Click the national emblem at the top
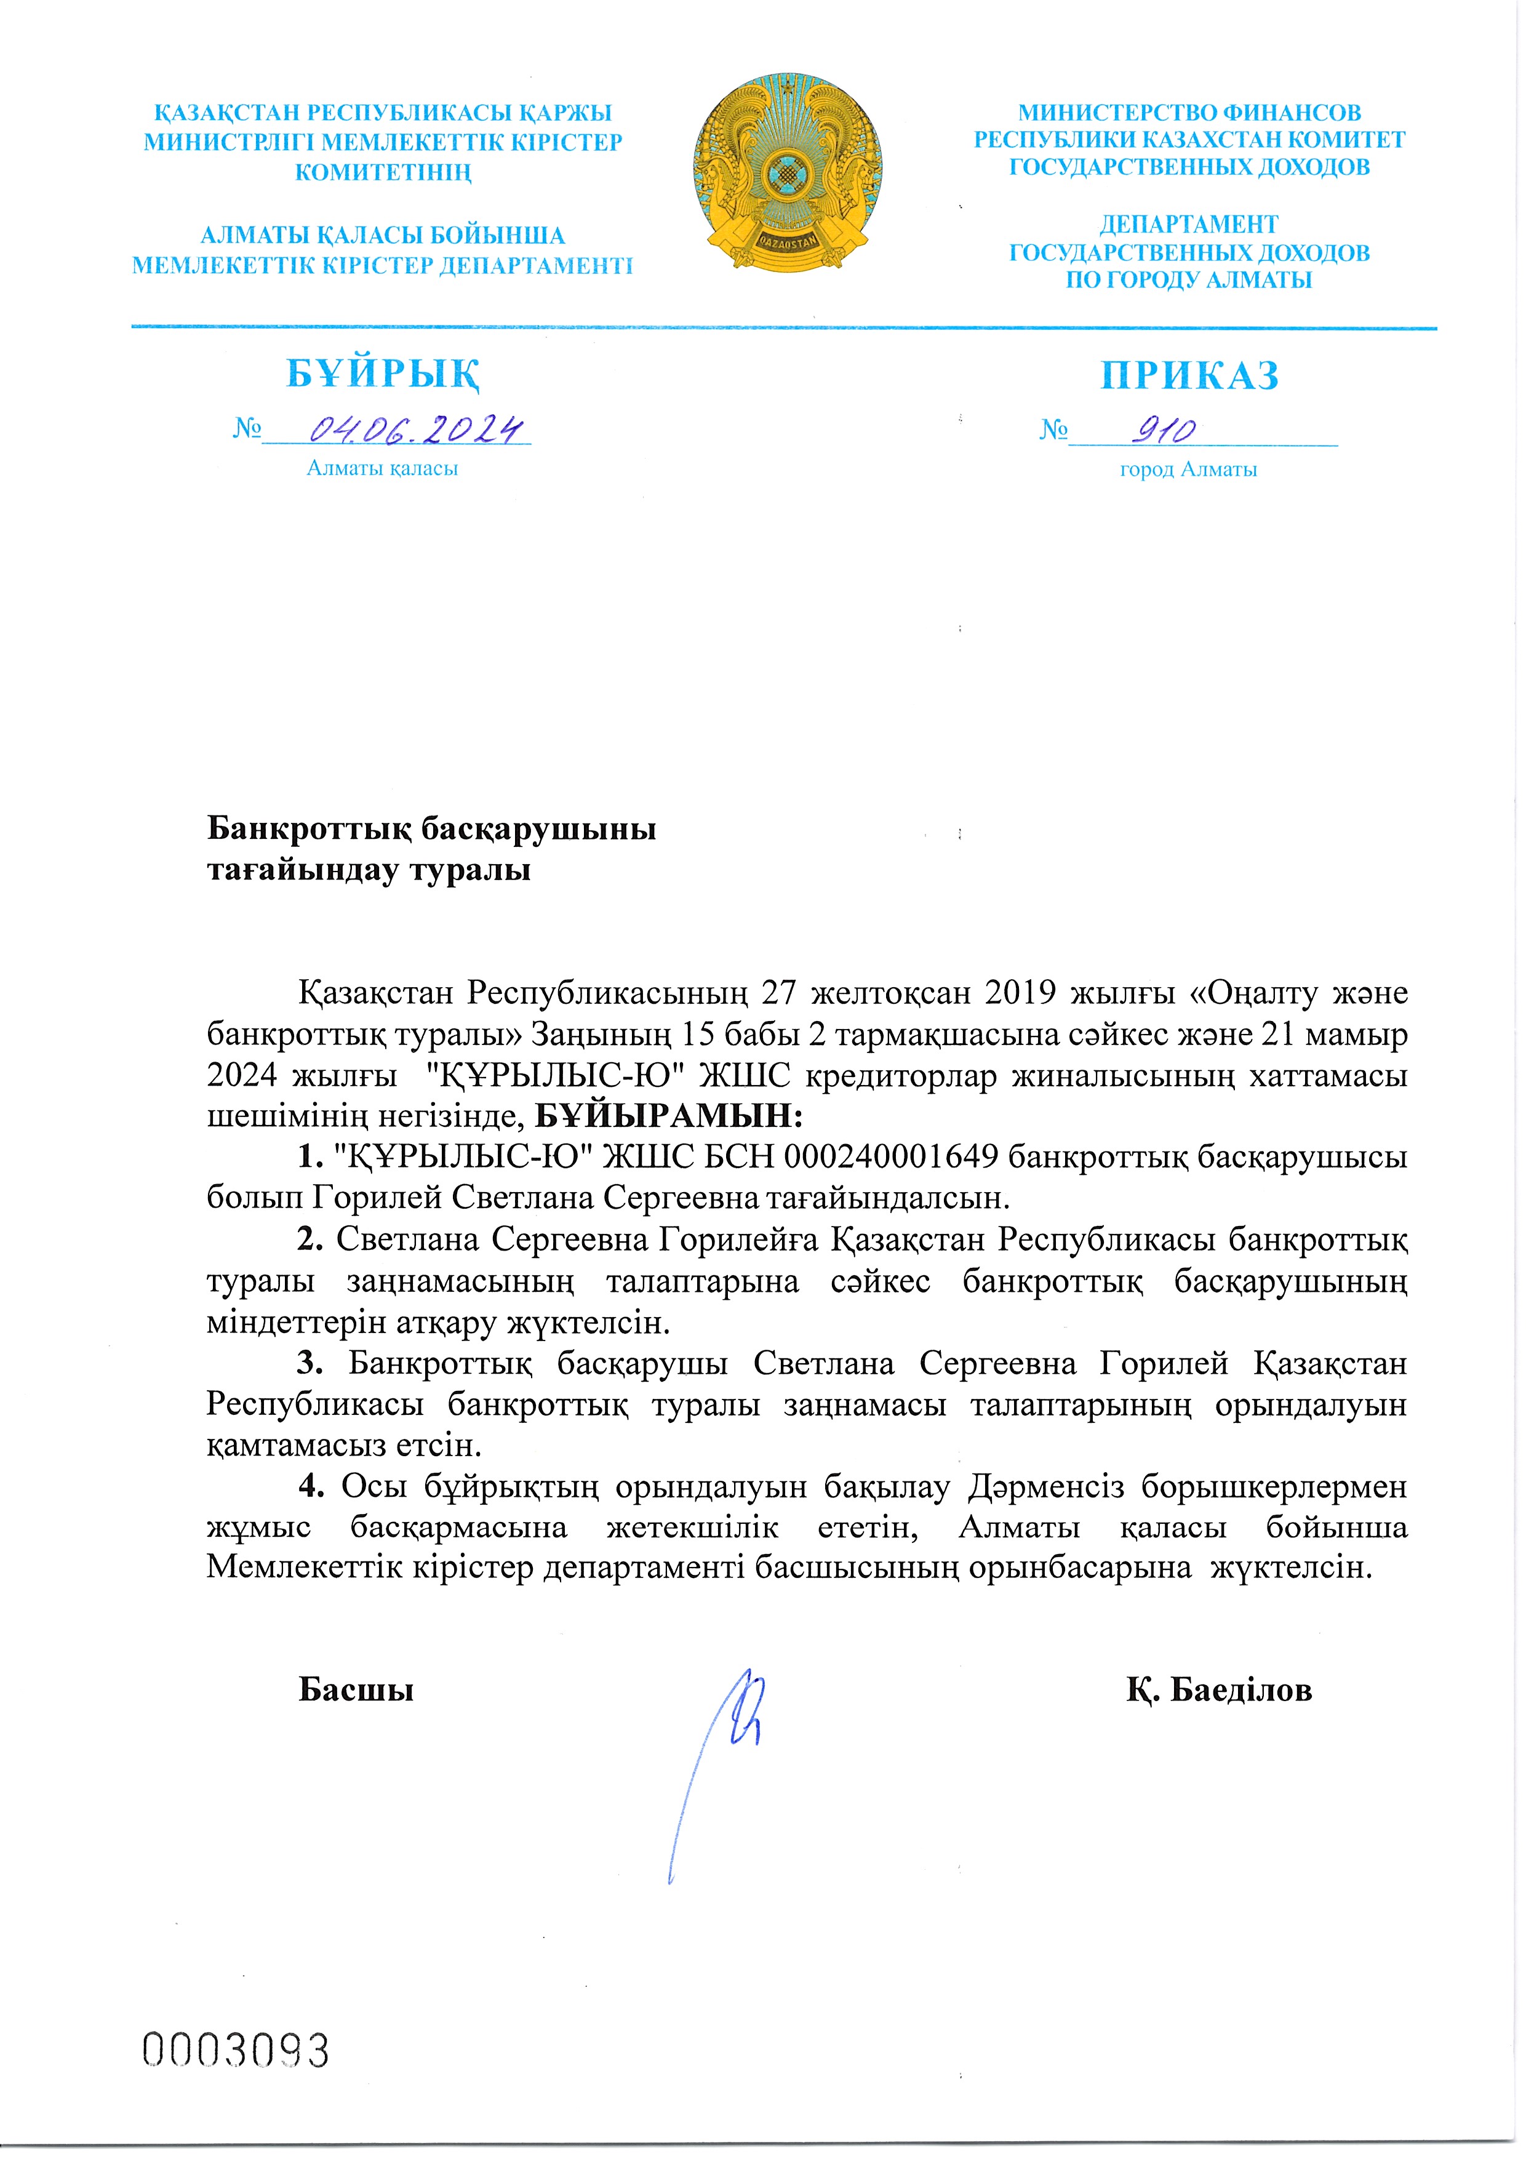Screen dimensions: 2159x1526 point(790,175)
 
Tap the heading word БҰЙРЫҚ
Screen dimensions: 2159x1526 point(383,374)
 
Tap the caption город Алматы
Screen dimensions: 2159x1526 point(1188,469)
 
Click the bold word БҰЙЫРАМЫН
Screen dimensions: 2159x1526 point(668,1116)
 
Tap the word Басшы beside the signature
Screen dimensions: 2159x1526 point(356,1691)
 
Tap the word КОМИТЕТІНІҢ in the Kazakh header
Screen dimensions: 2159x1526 point(383,172)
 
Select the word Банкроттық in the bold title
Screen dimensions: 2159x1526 point(308,830)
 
